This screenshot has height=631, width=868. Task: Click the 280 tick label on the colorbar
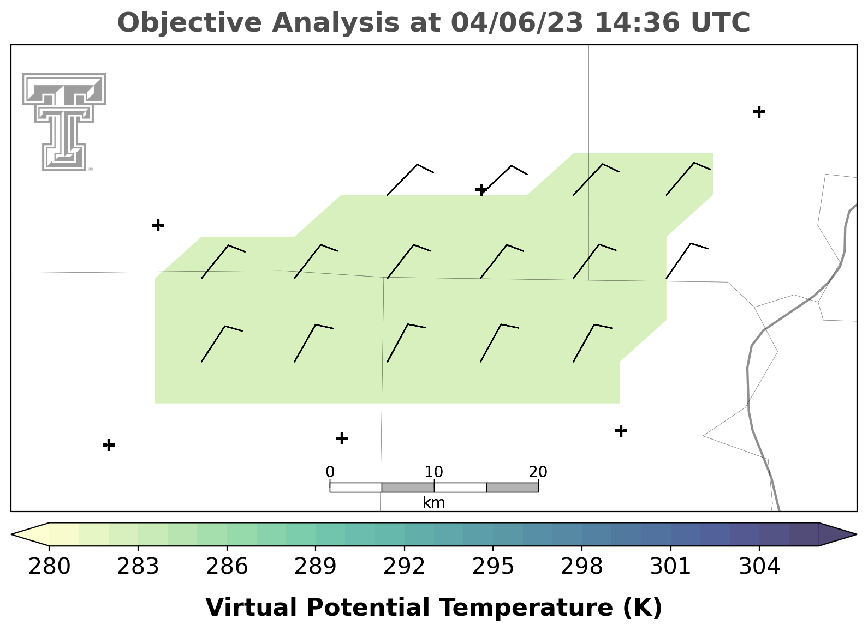(49, 566)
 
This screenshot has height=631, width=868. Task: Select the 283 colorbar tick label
(138, 566)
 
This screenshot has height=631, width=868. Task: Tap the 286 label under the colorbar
(227, 566)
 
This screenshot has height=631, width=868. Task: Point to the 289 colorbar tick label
(316, 566)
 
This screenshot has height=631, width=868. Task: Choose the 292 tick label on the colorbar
(404, 566)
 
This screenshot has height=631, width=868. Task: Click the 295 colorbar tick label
(493, 566)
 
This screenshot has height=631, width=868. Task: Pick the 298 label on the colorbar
(581, 566)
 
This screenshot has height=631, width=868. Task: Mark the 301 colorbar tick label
(670, 566)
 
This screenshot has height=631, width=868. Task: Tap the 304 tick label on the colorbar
(759, 566)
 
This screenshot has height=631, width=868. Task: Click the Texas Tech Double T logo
(64, 122)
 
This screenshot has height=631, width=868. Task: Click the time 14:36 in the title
(637, 22)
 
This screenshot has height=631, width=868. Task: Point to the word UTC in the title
(721, 22)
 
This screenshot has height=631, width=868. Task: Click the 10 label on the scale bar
(433, 472)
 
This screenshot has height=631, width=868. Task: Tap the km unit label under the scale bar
(433, 502)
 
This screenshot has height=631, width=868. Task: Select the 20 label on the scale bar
(538, 472)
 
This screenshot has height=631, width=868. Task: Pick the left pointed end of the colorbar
(11, 534)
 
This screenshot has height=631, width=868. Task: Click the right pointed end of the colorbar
(856, 534)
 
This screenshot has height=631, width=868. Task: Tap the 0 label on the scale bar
(330, 472)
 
